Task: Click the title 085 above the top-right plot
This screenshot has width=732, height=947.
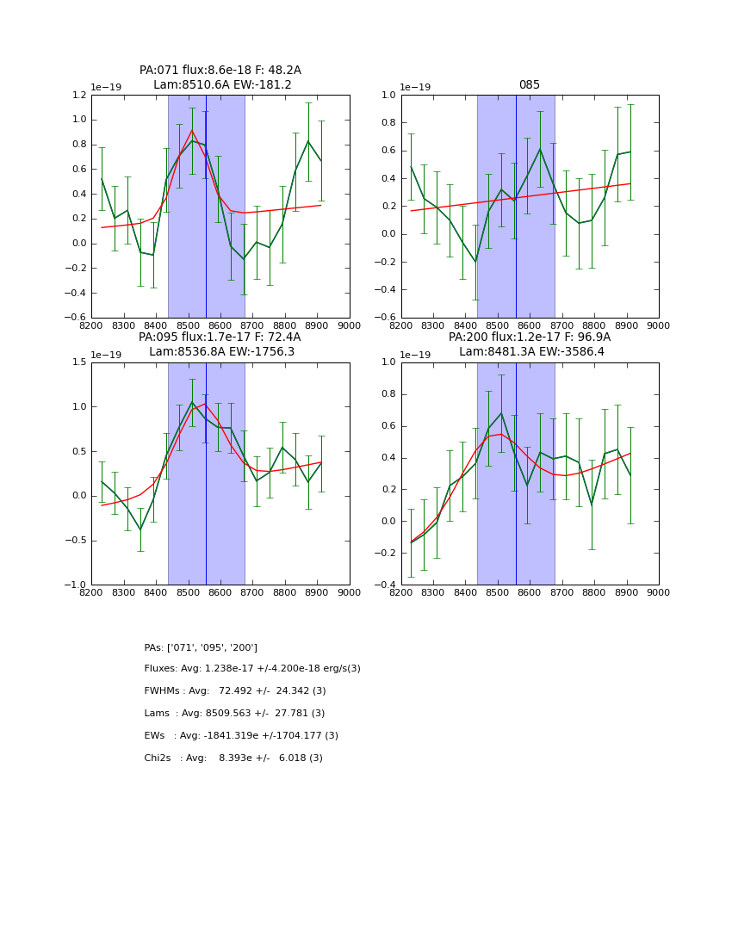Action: pos(529,85)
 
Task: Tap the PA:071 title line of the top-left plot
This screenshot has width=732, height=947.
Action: pos(220,71)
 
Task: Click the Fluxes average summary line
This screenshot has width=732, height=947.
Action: pos(252,669)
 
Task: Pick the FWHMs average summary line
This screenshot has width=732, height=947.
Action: pos(235,691)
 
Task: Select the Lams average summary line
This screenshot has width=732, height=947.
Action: pos(234,714)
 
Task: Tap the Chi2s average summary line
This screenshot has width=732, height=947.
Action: pos(233,758)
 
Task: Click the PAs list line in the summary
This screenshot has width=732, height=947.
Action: pos(201,647)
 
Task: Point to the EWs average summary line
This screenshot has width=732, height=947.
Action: pos(241,736)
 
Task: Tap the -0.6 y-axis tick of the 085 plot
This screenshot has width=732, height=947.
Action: pos(385,318)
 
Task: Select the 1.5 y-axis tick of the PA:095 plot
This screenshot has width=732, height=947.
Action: pos(79,362)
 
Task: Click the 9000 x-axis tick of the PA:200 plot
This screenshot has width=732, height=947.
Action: pos(659,592)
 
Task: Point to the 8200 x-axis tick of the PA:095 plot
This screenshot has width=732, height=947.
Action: pos(91,592)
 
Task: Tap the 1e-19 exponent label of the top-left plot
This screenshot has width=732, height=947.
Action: pos(107,87)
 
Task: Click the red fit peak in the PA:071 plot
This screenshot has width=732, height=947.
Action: pos(192,131)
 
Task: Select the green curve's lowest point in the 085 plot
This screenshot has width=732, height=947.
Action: pos(475,262)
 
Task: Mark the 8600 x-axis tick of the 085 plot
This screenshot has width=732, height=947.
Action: pos(530,325)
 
